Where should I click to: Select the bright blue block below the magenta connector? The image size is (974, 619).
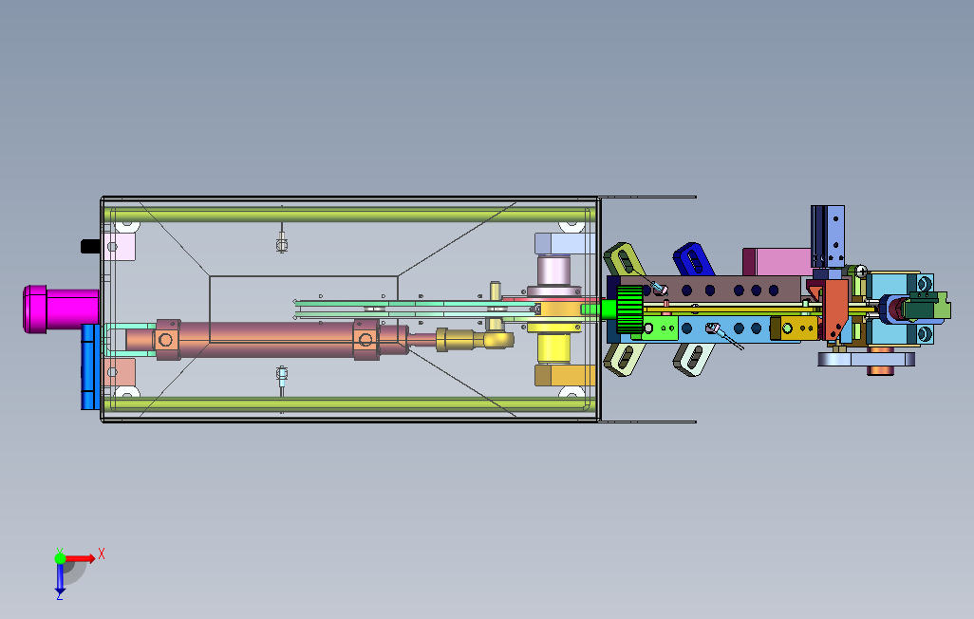click(90, 366)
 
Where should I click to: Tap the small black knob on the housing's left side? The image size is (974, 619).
click(90, 246)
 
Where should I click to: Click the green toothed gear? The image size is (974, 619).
click(629, 310)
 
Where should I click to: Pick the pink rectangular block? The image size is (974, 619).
click(776, 260)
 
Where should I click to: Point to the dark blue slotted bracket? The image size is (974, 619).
click(693, 258)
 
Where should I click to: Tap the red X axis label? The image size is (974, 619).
click(102, 553)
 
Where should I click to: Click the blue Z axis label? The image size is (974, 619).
click(59, 594)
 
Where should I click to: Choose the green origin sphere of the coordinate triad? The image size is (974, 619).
click(61, 559)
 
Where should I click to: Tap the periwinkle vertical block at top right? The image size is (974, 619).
click(835, 238)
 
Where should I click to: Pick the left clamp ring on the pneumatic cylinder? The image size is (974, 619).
click(167, 339)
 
